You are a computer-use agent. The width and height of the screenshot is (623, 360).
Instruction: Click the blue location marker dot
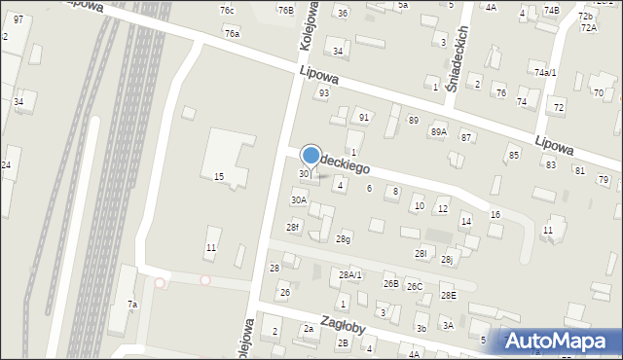pyautogui.click(x=311, y=155)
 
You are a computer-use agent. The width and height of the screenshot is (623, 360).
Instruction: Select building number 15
pyautogui.click(x=219, y=176)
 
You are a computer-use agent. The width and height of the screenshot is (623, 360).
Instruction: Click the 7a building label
pyautogui.click(x=131, y=305)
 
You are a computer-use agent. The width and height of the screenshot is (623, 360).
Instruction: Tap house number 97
pyautogui.click(x=18, y=19)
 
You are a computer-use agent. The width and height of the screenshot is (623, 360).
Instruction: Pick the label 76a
pyautogui.click(x=231, y=33)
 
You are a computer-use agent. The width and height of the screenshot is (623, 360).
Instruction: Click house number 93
pyautogui.click(x=323, y=93)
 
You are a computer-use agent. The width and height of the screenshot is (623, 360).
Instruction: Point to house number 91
pyautogui.click(x=363, y=117)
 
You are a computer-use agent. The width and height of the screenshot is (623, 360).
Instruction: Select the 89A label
pyautogui.click(x=439, y=131)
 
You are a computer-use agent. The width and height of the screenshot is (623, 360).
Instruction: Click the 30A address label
pyautogui.click(x=299, y=199)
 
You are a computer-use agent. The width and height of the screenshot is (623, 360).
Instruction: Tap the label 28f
pyautogui.click(x=292, y=227)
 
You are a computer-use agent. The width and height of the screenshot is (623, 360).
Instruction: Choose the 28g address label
pyautogui.click(x=343, y=239)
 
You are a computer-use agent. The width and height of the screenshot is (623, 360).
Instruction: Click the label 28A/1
pyautogui.click(x=349, y=275)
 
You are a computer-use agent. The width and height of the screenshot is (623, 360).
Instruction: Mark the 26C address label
pyautogui.click(x=415, y=286)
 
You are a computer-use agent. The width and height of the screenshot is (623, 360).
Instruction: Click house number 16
pyautogui.click(x=495, y=214)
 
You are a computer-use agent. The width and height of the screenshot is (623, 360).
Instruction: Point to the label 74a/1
pyautogui.click(x=544, y=72)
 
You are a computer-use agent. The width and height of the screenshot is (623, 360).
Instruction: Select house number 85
pyautogui.click(x=513, y=156)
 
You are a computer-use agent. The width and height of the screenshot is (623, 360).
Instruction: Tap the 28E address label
pyautogui.click(x=448, y=295)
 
